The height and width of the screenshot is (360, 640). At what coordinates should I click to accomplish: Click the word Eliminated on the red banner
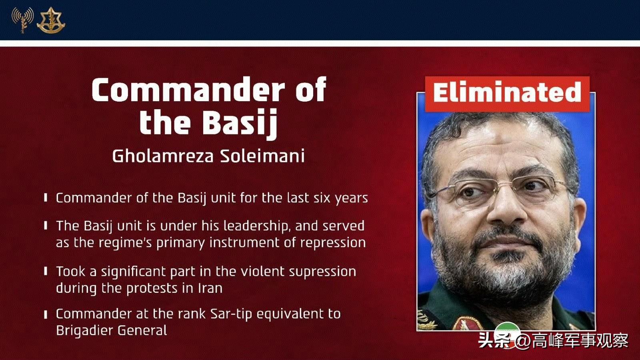[x=507, y=92]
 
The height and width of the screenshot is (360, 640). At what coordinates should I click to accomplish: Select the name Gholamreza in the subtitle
[x=163, y=156]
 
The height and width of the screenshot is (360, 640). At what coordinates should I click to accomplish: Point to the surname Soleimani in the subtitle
[x=262, y=156]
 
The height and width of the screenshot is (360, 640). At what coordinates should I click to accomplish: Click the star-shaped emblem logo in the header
[x=51, y=20]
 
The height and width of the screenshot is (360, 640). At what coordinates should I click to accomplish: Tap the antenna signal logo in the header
[x=22, y=20]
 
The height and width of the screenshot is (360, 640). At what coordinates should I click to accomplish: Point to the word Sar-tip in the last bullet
[x=231, y=314]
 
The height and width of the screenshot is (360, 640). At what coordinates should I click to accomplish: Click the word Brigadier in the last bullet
[x=84, y=331]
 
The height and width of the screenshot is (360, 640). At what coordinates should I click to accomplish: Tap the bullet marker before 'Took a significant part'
[x=46, y=271]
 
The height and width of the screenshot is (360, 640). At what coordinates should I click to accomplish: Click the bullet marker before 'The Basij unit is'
[x=46, y=226]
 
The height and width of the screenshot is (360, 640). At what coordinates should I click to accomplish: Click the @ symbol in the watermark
[x=524, y=341]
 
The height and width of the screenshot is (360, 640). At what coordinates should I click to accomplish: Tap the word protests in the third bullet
[x=152, y=288]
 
